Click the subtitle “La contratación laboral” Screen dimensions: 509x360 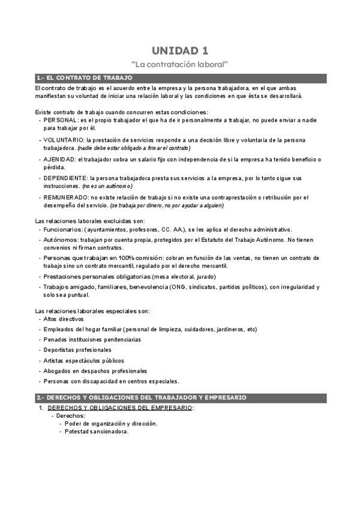pyautogui.click(x=180, y=63)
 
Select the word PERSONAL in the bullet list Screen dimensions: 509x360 pyautogui.click(x=59, y=120)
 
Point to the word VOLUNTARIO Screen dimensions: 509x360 pyautogui.click(x=62, y=140)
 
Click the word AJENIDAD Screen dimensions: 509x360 pyautogui.click(x=59, y=159)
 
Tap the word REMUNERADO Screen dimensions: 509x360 pyautogui.click(x=64, y=197)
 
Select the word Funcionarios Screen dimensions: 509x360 pyautogui.click(x=62, y=229)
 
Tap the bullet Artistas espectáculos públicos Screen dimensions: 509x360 pyautogui.click(x=83, y=360)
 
